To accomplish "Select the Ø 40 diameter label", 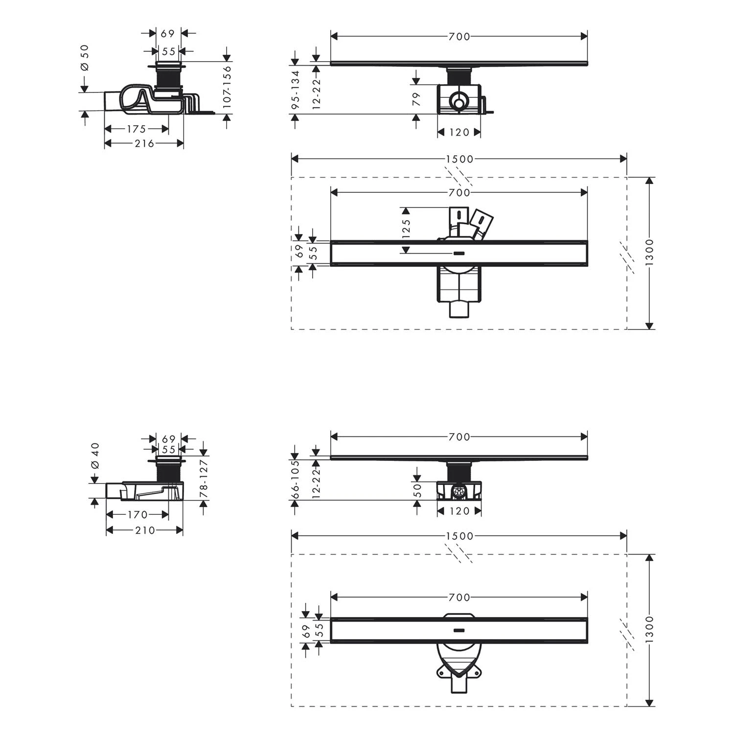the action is tap(95, 456).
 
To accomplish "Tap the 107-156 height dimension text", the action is tap(227, 87).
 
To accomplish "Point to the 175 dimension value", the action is tap(137, 129).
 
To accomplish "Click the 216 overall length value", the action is tap(144, 143).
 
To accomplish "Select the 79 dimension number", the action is tap(416, 99).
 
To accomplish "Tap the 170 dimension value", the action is tap(138, 515).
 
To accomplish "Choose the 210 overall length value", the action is tap(145, 530).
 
